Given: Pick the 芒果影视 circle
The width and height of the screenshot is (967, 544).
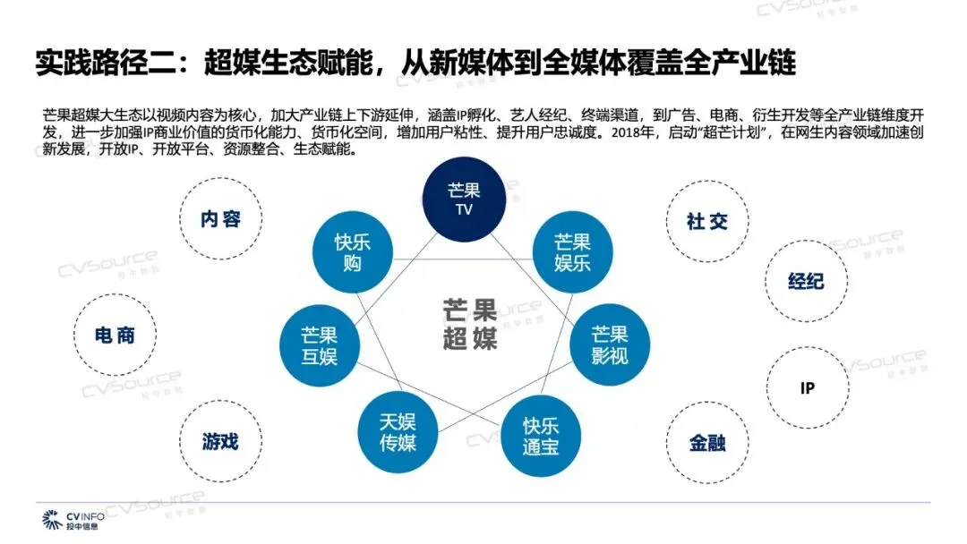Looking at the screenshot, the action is pyautogui.click(x=610, y=344).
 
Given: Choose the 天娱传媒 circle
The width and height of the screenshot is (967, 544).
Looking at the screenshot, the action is pyautogui.click(x=398, y=432).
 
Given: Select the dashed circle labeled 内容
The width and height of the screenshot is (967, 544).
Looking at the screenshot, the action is pyautogui.click(x=220, y=219).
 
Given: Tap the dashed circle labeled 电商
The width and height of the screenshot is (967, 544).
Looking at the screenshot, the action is pyautogui.click(x=115, y=336).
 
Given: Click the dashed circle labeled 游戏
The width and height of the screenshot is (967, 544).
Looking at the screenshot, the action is pyautogui.click(x=220, y=441).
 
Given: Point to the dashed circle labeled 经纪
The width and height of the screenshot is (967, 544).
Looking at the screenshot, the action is pyautogui.click(x=806, y=281).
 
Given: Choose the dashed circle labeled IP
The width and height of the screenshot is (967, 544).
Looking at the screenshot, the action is pyautogui.click(x=807, y=388).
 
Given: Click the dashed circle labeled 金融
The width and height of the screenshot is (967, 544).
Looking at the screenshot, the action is pyautogui.click(x=707, y=443).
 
